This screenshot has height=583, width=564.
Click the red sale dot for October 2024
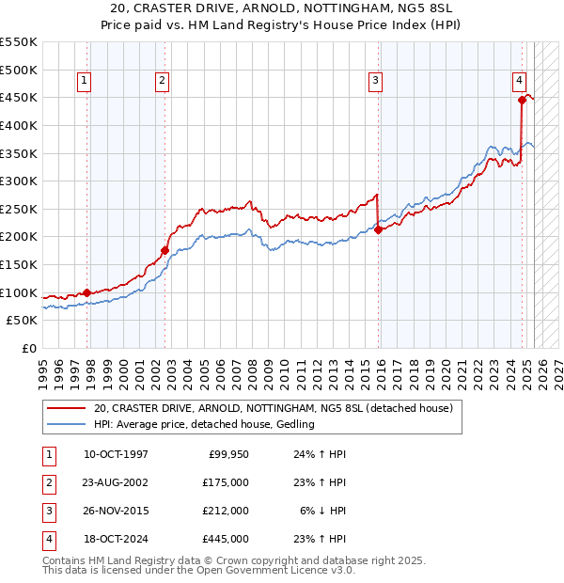point(522,99)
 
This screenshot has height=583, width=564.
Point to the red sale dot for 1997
point(87,292)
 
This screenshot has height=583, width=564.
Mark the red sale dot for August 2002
point(164,250)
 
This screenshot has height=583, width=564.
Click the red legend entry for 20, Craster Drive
point(274,408)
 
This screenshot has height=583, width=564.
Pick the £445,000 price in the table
point(227,539)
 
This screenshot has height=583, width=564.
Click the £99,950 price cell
point(228,454)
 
